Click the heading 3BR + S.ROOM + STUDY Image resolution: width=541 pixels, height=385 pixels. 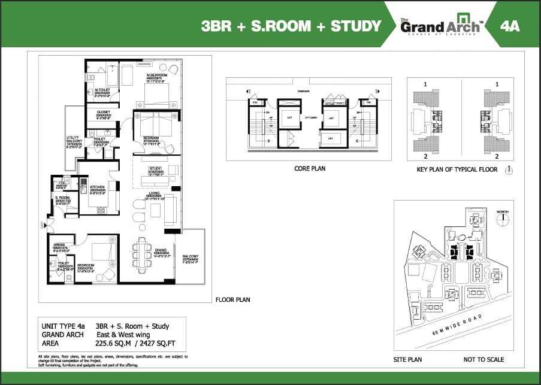[x=291, y=26]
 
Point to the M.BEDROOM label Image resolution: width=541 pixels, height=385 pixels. [x=157, y=77]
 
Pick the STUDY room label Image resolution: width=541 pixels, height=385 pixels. [x=156, y=169]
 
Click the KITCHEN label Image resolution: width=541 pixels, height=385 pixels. [x=98, y=187]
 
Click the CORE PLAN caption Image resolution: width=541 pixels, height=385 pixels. [x=309, y=169]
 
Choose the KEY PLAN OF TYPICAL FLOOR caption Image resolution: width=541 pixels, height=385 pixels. [x=458, y=170]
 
